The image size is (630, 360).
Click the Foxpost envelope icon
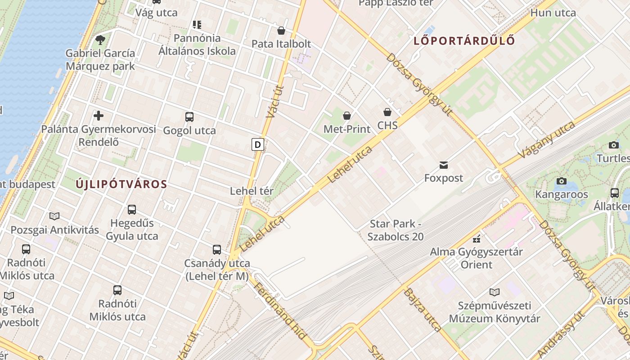(x=444, y=165)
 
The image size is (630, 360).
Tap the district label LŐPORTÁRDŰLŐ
(x=464, y=40)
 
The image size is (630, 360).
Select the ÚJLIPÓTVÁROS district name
(x=121, y=184)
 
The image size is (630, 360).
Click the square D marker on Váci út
(x=257, y=144)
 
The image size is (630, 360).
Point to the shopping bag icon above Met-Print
(x=347, y=116)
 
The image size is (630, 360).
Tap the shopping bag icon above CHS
(x=387, y=112)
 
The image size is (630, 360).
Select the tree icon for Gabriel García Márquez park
(x=100, y=40)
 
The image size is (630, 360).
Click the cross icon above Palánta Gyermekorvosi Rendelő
(x=99, y=116)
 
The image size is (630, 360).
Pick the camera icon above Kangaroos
(x=561, y=181)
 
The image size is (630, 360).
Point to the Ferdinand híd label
(x=280, y=310)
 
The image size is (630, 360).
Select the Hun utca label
(x=553, y=13)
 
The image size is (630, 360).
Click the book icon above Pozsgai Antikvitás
(x=54, y=216)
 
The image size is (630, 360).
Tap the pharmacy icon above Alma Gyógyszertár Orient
(x=477, y=238)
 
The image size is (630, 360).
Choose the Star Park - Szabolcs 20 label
(x=396, y=230)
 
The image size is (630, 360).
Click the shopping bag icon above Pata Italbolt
(x=281, y=31)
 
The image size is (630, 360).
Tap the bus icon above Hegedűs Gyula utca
(x=132, y=210)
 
